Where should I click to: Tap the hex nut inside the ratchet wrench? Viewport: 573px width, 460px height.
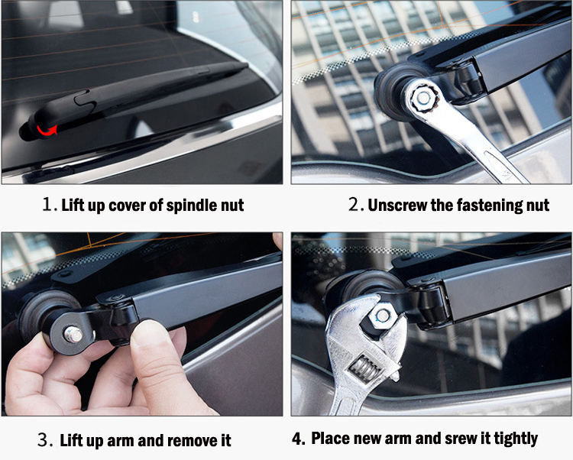[x=423, y=98]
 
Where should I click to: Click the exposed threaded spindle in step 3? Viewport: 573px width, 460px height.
[x=73, y=335]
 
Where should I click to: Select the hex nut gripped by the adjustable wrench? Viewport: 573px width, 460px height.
[x=382, y=316]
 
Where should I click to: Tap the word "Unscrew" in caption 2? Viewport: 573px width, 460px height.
[x=397, y=205]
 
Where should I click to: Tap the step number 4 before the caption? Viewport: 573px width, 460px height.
[x=298, y=439]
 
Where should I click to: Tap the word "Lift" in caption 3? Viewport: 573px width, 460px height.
[x=72, y=440]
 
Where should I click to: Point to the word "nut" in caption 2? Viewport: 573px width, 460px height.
[x=538, y=206]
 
